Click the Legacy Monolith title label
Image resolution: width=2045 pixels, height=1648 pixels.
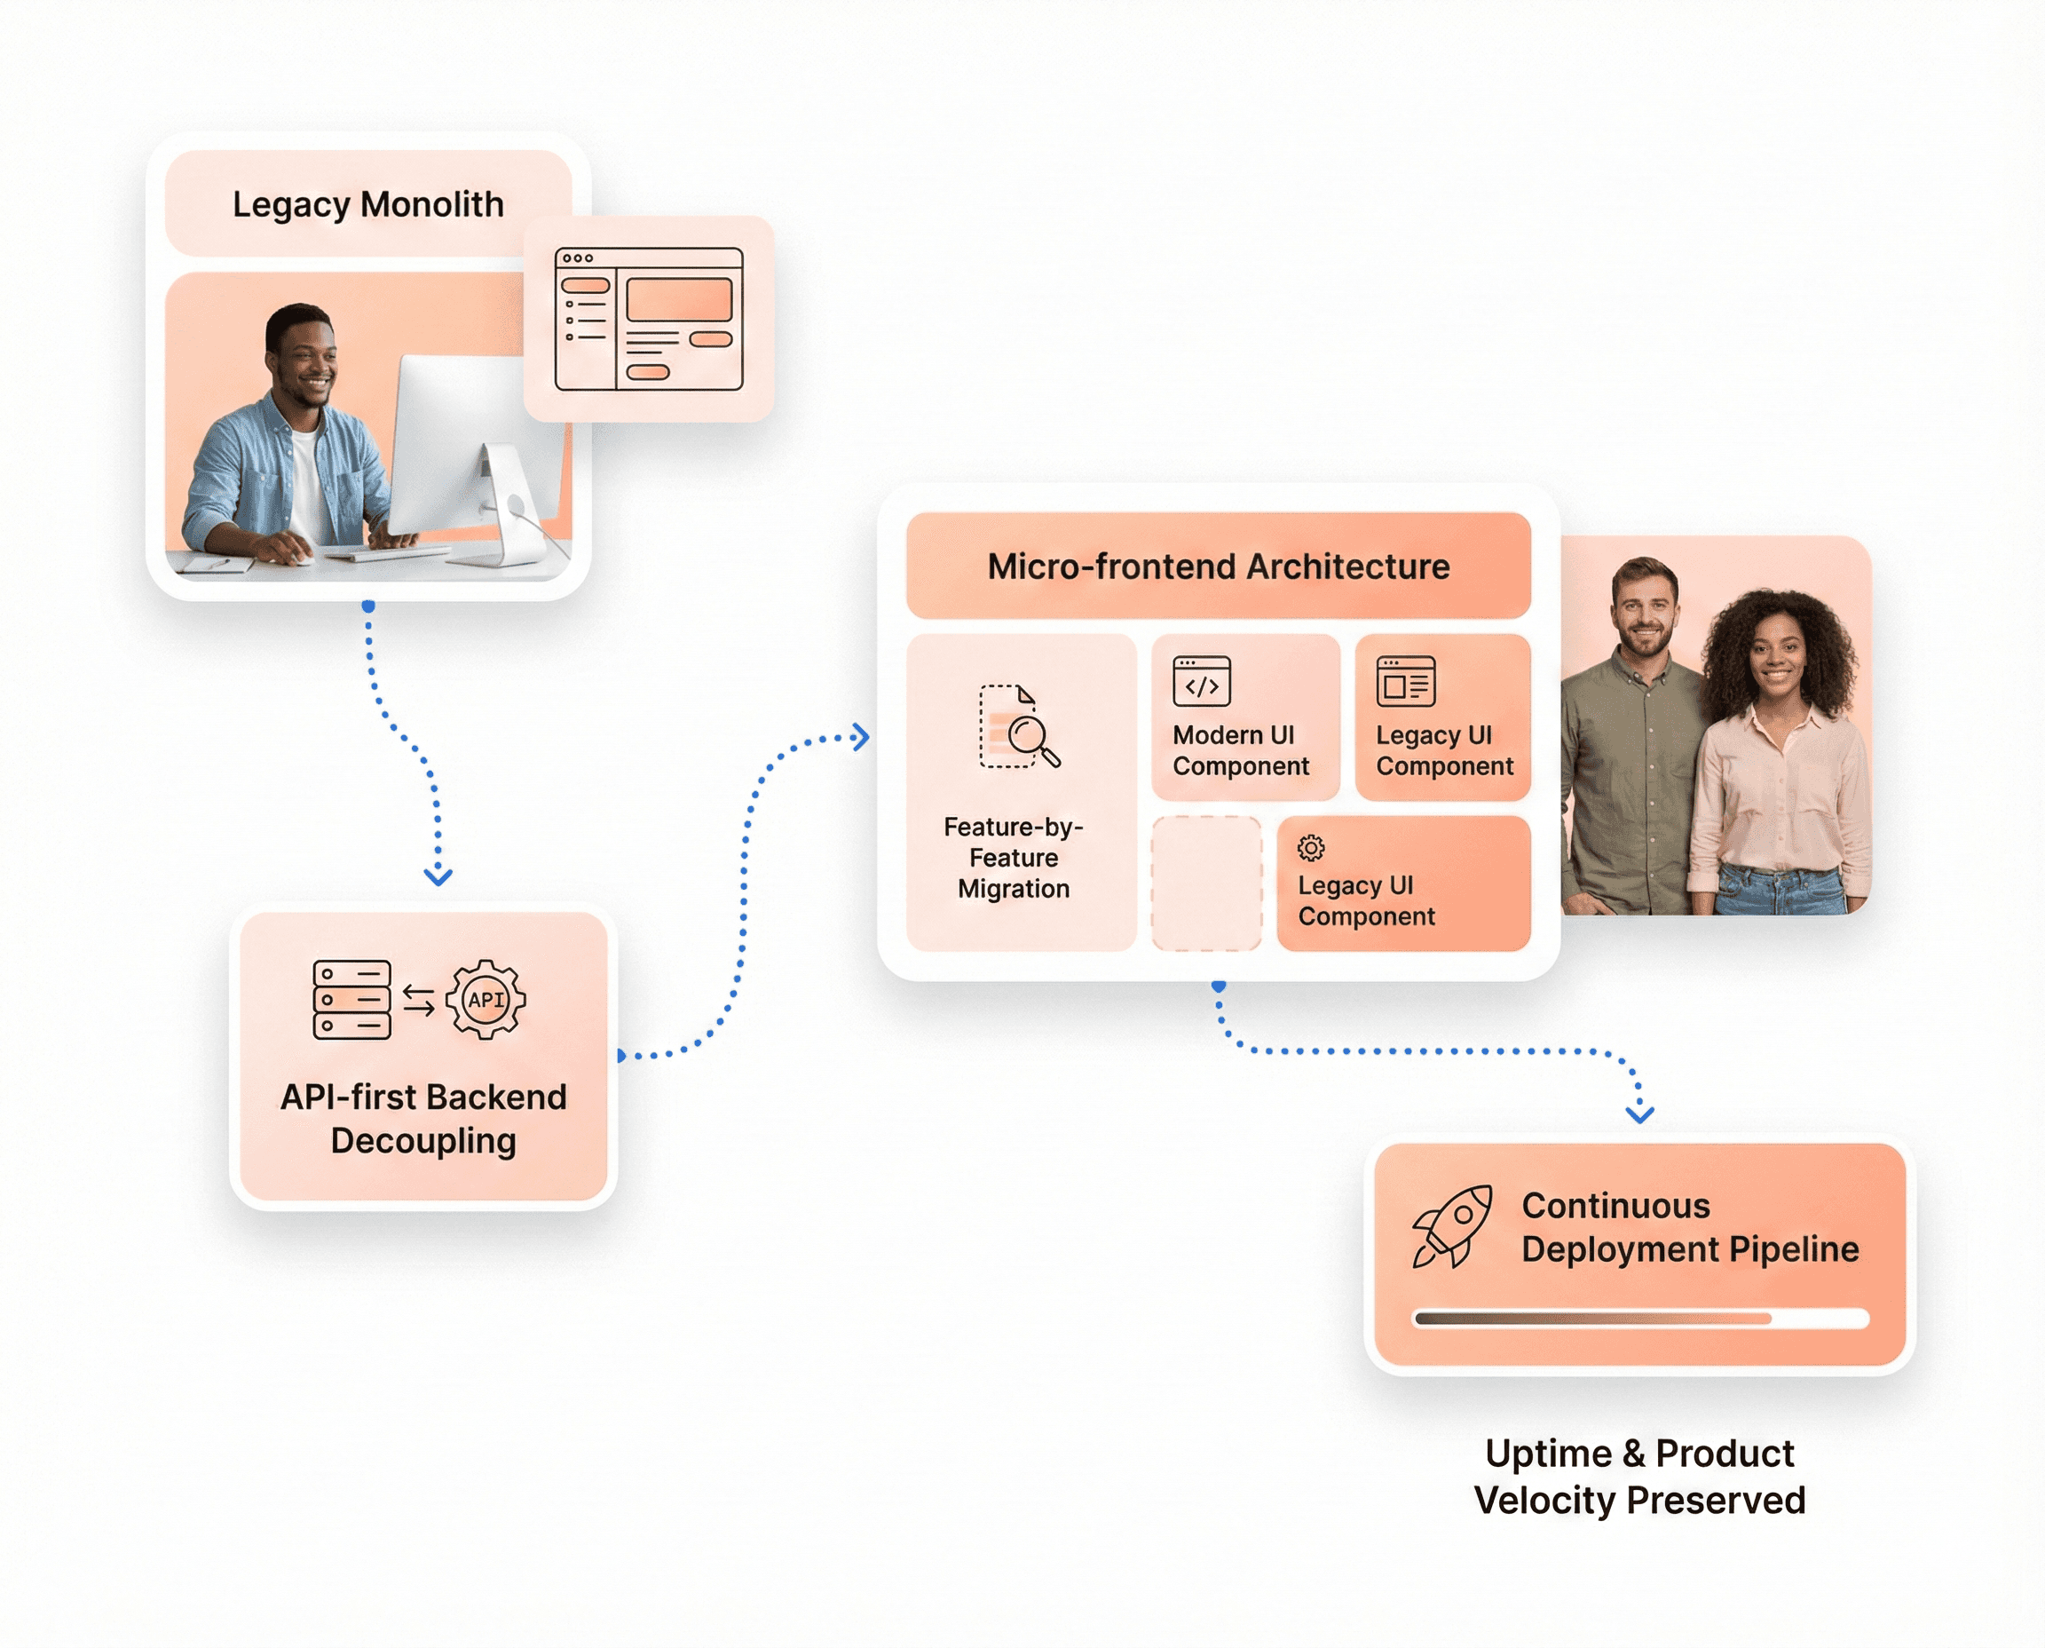pos(367,204)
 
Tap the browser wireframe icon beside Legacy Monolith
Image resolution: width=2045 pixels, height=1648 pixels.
pos(648,319)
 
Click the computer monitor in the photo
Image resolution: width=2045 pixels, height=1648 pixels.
pos(455,446)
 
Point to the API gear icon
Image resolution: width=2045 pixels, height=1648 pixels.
pos(485,999)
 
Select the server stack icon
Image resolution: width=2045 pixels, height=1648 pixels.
pos(351,1000)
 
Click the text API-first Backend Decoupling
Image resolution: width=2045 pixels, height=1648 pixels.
pos(423,1118)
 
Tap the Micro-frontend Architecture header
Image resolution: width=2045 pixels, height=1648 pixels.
pos(1218,566)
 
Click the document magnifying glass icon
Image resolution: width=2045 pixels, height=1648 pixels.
pos(1018,726)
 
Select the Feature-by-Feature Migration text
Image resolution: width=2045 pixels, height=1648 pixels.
pos(1013,857)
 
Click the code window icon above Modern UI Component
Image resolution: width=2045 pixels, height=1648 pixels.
pos(1202,682)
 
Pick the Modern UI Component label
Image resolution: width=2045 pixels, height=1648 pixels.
pos(1239,750)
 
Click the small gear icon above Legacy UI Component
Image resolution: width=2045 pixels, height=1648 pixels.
pos(1310,847)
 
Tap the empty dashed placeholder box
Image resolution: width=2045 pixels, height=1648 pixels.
pos(1206,883)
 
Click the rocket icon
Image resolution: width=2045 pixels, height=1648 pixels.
pos(1451,1225)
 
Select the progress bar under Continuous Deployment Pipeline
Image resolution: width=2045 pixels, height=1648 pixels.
pos(1639,1318)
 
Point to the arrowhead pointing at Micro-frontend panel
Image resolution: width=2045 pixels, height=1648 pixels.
pos(860,737)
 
